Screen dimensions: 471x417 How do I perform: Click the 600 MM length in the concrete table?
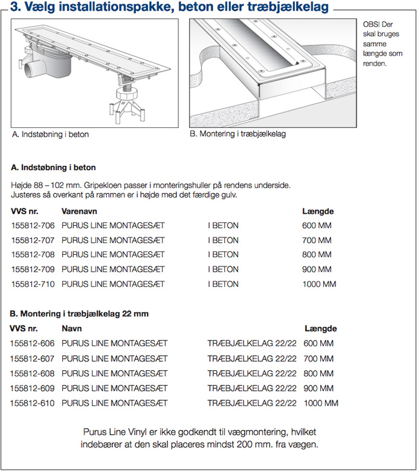[x=317, y=226]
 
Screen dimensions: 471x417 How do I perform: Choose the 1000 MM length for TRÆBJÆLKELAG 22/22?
[x=321, y=403]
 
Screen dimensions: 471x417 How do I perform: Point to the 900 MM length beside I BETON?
[x=317, y=269]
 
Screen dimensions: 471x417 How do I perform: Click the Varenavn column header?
[x=79, y=211]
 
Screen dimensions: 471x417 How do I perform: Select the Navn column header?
[x=72, y=328]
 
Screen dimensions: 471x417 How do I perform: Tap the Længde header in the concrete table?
[x=318, y=211]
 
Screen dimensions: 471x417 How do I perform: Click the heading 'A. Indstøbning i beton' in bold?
[x=54, y=167]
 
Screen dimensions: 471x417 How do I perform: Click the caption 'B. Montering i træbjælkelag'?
[x=238, y=134]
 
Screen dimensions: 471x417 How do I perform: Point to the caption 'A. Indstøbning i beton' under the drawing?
[x=51, y=135]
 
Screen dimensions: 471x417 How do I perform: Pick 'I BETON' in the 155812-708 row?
[x=224, y=255]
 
